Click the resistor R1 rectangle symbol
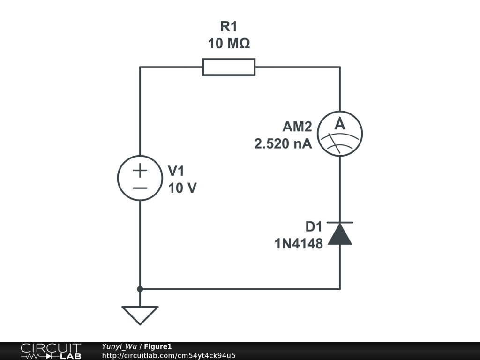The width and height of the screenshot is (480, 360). pyautogui.click(x=229, y=67)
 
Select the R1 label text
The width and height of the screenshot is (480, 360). pyautogui.click(x=229, y=27)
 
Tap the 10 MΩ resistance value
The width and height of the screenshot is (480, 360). pyautogui.click(x=229, y=44)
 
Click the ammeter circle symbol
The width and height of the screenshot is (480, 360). pyautogui.click(x=340, y=134)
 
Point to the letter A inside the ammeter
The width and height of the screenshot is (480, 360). pyautogui.click(x=340, y=125)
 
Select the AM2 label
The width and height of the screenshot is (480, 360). pyautogui.click(x=297, y=127)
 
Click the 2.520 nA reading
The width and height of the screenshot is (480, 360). pyautogui.click(x=283, y=144)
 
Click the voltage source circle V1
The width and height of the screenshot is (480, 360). pyautogui.click(x=140, y=178)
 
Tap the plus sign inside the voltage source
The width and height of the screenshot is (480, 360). pyautogui.click(x=140, y=171)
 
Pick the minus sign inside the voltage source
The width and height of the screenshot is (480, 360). pyautogui.click(x=140, y=188)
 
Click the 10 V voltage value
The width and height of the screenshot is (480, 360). pyautogui.click(x=182, y=188)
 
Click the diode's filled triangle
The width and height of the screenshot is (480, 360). pyautogui.click(x=340, y=235)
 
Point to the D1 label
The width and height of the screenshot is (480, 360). pyautogui.click(x=314, y=227)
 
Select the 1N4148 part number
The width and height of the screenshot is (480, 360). pyautogui.click(x=299, y=244)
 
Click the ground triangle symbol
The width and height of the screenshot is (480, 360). pyautogui.click(x=140, y=314)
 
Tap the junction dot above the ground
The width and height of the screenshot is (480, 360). pyautogui.click(x=140, y=289)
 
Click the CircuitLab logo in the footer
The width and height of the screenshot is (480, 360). pyautogui.click(x=51, y=351)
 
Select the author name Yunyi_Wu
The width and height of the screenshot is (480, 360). pyautogui.click(x=119, y=347)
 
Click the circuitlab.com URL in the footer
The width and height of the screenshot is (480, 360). pyautogui.click(x=168, y=355)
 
